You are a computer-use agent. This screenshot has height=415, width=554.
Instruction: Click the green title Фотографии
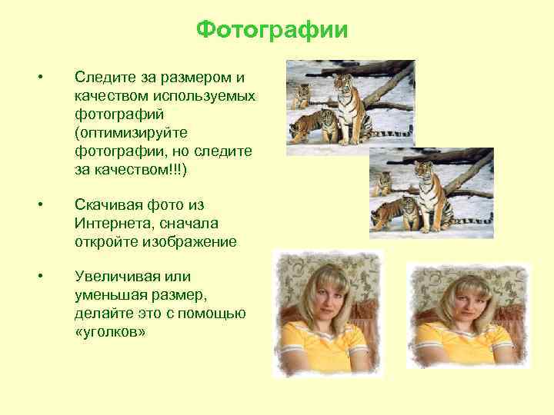click(x=272, y=30)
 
